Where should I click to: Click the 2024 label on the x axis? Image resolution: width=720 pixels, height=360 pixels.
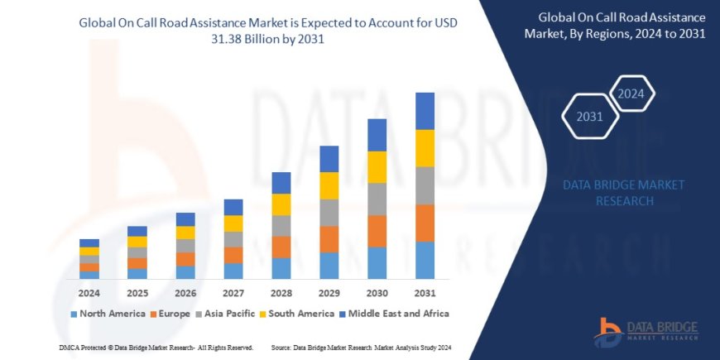click(x=89, y=292)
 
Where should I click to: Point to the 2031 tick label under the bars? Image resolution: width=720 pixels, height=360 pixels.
click(x=425, y=292)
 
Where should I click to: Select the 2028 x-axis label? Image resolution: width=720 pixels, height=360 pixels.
click(x=281, y=292)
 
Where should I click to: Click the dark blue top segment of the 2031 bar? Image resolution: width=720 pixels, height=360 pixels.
click(x=425, y=111)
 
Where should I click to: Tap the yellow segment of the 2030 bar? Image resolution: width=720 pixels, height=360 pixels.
click(x=377, y=167)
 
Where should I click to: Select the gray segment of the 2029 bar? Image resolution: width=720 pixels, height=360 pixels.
click(x=329, y=212)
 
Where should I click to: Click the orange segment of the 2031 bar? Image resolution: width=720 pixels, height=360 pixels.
click(x=425, y=223)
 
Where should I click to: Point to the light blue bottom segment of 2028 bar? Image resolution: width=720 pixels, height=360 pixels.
click(x=281, y=268)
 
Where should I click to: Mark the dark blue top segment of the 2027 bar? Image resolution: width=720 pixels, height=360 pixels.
click(x=233, y=207)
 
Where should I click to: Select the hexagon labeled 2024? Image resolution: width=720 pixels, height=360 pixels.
click(x=631, y=93)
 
